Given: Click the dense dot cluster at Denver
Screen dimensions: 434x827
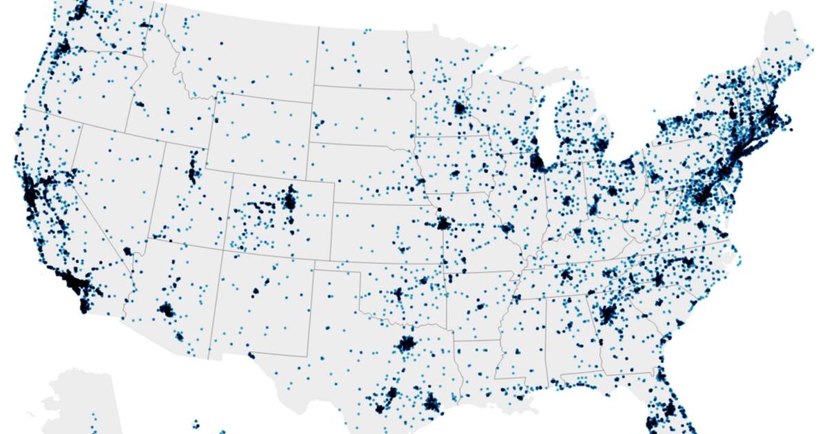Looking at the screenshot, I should [289, 200].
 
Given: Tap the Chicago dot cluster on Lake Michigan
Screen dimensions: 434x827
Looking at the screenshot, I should [537, 163].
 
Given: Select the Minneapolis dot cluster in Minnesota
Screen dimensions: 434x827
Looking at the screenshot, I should [460, 108].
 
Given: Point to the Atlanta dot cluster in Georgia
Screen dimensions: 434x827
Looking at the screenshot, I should [607, 314].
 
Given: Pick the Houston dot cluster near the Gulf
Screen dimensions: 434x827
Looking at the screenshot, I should [431, 403].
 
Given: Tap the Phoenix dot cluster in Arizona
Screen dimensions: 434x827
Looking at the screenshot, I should [166, 309].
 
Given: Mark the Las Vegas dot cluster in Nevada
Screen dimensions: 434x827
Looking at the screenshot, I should [127, 252].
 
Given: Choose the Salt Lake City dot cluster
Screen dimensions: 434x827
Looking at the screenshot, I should [192, 169].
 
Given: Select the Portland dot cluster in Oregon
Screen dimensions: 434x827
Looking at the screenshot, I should [63, 49].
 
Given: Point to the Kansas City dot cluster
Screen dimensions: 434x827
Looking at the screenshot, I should [442, 223].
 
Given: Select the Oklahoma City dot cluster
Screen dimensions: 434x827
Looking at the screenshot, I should [398, 294].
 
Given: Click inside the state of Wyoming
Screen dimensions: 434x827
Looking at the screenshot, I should [262, 131].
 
